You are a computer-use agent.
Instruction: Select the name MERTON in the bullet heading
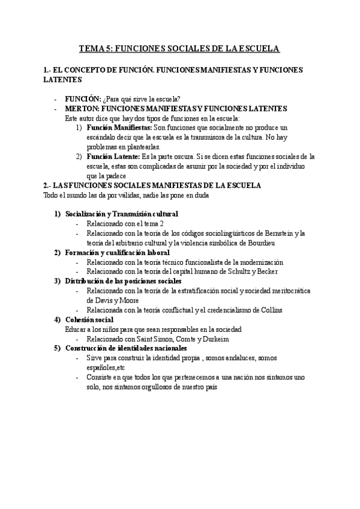click(x=81, y=108)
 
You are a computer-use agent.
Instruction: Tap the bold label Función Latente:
click(x=111, y=157)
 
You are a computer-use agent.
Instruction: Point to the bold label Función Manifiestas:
click(x=119, y=128)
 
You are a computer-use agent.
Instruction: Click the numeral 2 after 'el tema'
click(x=162, y=223)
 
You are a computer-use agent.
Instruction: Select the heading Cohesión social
click(x=90, y=320)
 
